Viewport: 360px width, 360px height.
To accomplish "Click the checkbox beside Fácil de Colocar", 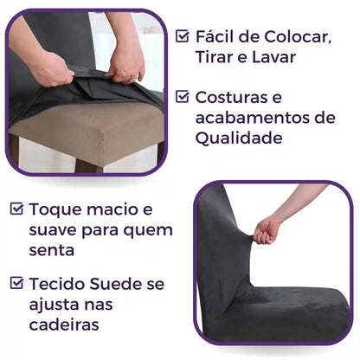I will pos(183,36).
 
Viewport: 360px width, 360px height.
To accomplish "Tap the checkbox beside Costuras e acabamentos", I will pos(183,97).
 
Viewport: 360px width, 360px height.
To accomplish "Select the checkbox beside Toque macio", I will pos(16,209).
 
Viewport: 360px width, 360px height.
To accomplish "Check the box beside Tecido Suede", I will pos(16,282).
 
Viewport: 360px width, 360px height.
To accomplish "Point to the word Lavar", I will pos(273,57).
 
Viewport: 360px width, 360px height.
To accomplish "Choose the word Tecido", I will pos(60,283).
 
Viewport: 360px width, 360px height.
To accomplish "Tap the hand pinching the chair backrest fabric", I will pos(267,229).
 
